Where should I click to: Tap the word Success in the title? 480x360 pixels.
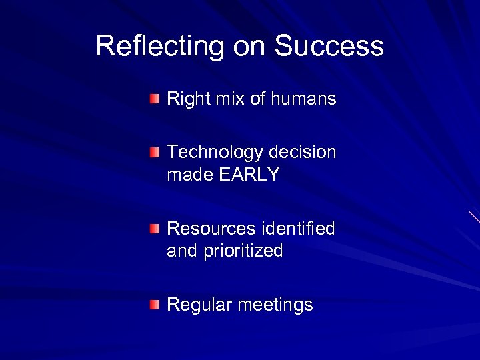[x=329, y=47]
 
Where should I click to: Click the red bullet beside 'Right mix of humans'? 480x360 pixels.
[x=155, y=99]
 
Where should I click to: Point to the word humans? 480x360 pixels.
[x=306, y=99]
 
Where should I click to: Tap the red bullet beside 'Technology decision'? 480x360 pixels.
[x=155, y=153]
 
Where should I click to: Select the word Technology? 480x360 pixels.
[x=215, y=153]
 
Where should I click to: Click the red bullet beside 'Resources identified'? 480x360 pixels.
[x=155, y=229]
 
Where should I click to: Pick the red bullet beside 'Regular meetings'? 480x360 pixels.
[x=155, y=305]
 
